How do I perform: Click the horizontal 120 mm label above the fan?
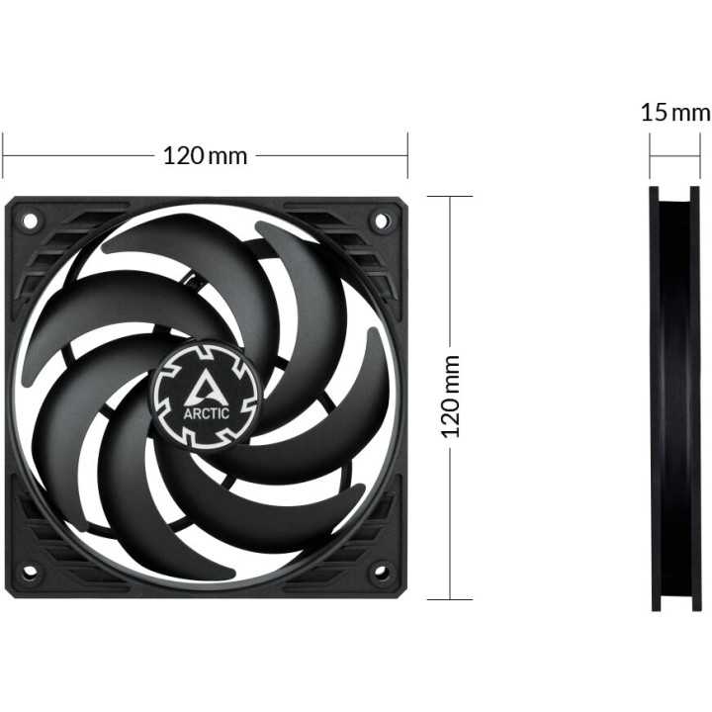(205, 155)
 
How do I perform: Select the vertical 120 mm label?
(451, 396)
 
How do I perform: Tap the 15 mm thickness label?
(675, 111)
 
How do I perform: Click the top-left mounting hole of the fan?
(30, 221)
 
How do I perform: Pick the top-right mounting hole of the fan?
(381, 221)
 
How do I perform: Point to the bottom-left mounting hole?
(30, 572)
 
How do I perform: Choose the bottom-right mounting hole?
(381, 572)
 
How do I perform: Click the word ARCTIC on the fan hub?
(207, 413)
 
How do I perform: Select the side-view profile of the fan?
(674, 396)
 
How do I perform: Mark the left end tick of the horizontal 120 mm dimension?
(3, 155)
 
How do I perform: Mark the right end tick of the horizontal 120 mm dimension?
(407, 155)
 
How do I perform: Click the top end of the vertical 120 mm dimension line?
(451, 196)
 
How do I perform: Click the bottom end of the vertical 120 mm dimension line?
(451, 598)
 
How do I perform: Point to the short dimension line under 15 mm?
(674, 155)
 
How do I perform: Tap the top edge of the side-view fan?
(674, 188)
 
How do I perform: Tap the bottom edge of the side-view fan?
(674, 608)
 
